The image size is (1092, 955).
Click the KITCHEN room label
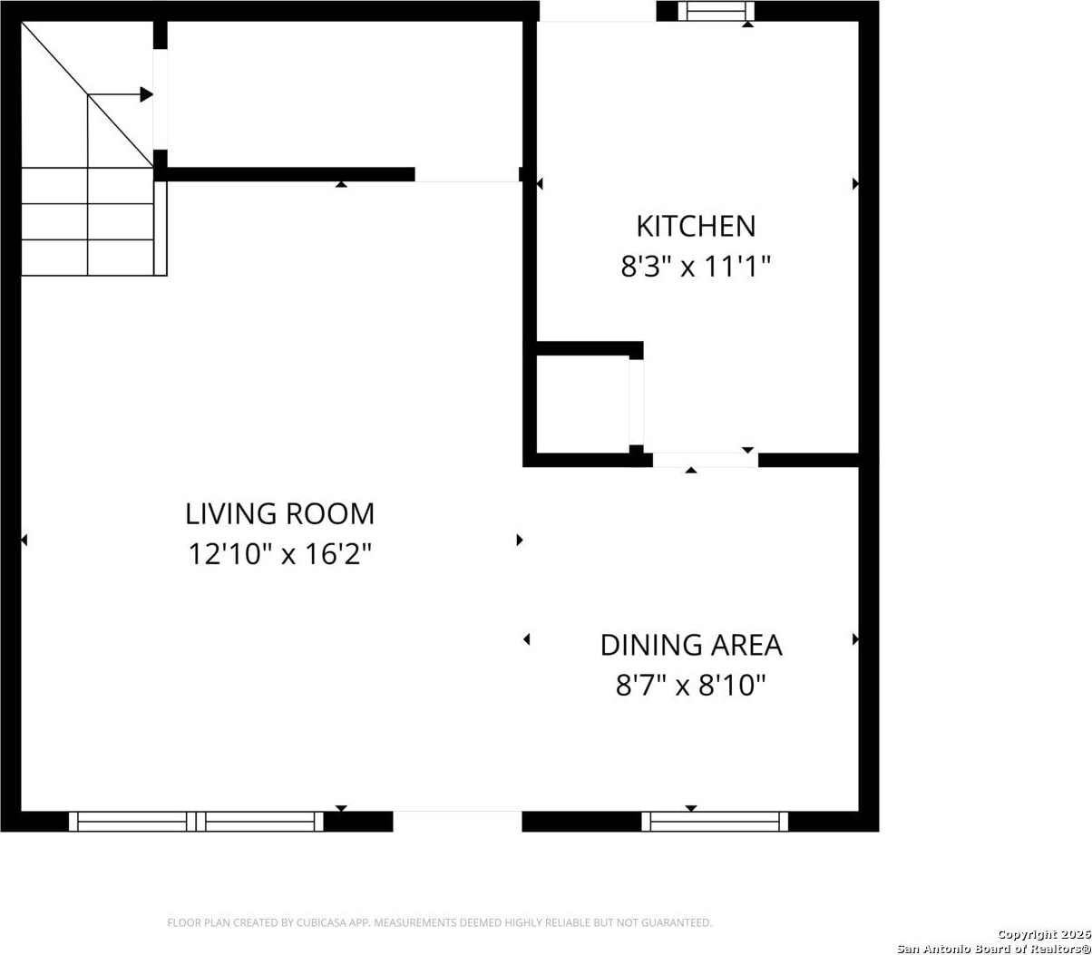[696, 226]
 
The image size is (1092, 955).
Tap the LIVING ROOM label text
[279, 514]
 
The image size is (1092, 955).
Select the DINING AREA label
[691, 645]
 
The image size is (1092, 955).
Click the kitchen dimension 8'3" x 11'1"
[696, 266]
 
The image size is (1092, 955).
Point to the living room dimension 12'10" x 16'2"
[279, 554]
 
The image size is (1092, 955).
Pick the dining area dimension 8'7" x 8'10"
[690, 685]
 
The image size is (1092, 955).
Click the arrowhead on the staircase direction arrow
[147, 94]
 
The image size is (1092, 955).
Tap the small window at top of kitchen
[716, 11]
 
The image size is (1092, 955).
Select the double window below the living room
[197, 822]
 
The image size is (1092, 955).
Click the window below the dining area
[715, 822]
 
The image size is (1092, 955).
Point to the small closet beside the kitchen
[583, 404]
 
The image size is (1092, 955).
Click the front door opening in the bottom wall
[457, 822]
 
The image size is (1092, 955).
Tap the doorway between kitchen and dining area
[705, 460]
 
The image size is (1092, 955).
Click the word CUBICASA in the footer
[319, 922]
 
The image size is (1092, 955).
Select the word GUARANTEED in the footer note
[679, 922]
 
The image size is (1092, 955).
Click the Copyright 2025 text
[1044, 934]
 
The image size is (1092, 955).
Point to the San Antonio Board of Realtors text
[994, 948]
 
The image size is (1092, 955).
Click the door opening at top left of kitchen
[597, 11]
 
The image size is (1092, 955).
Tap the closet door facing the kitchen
[636, 403]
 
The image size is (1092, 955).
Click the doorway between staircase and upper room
[161, 99]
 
